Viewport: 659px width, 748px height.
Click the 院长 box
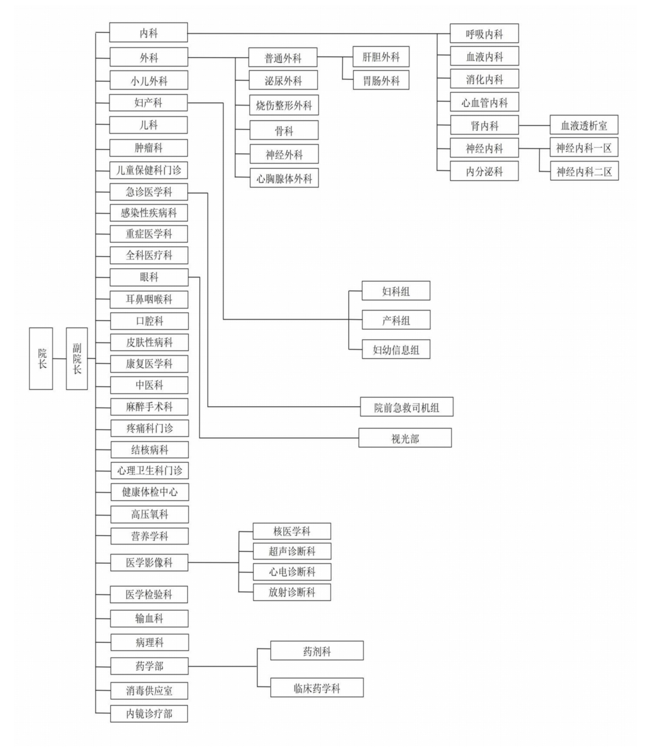41,358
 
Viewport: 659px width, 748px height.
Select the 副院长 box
77,358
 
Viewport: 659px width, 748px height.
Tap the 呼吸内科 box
484,34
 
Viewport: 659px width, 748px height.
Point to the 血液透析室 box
584,125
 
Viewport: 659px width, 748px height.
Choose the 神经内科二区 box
584,170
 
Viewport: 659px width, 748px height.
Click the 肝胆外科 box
381,57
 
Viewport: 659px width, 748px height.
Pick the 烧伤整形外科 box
284,105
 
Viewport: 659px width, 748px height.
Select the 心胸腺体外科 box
284,178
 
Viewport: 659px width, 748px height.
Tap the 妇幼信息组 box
396,349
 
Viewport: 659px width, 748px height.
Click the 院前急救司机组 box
406,407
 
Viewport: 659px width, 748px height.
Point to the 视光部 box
405,438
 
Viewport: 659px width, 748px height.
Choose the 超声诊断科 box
292,551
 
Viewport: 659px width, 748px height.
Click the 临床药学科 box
317,688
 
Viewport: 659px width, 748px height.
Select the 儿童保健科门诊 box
149,170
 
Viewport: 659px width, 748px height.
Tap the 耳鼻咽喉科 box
149,300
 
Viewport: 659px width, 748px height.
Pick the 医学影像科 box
149,562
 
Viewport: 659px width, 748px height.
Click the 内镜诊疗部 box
149,714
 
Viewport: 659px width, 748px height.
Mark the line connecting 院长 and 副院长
59,358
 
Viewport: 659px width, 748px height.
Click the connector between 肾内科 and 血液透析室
534,125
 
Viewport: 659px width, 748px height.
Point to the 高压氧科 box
149,514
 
